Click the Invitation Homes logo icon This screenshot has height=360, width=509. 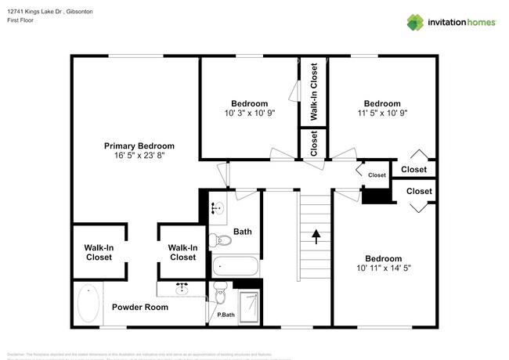pos(414,22)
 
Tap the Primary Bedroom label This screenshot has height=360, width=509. pos(139,146)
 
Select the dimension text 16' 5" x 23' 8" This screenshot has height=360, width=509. pos(139,156)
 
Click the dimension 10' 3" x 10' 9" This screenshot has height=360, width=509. pos(249,113)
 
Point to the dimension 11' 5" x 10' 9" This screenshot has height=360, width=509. pos(382,113)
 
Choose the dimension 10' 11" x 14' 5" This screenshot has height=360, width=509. pos(383,268)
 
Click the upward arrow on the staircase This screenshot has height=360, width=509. pos(316,236)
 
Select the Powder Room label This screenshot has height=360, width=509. pos(140,307)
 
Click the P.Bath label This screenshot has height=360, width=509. pos(226,315)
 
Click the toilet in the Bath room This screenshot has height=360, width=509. pos(217,239)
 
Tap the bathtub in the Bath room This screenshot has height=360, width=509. pos(234,266)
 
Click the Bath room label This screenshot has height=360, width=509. pos(243,232)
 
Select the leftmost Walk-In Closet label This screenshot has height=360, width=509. pos(99,252)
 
